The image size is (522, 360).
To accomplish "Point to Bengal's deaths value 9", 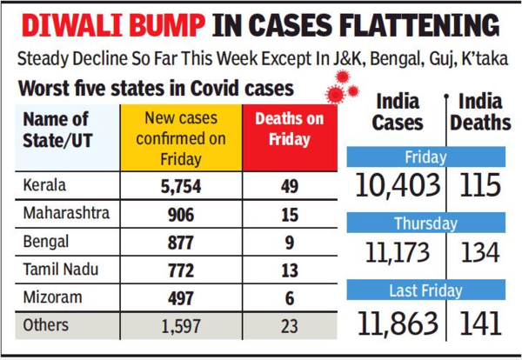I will (x=288, y=242).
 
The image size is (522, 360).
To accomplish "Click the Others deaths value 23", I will (x=288, y=328).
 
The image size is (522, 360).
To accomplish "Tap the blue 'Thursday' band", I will (x=425, y=223).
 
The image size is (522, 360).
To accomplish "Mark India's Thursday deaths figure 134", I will (x=480, y=254).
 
